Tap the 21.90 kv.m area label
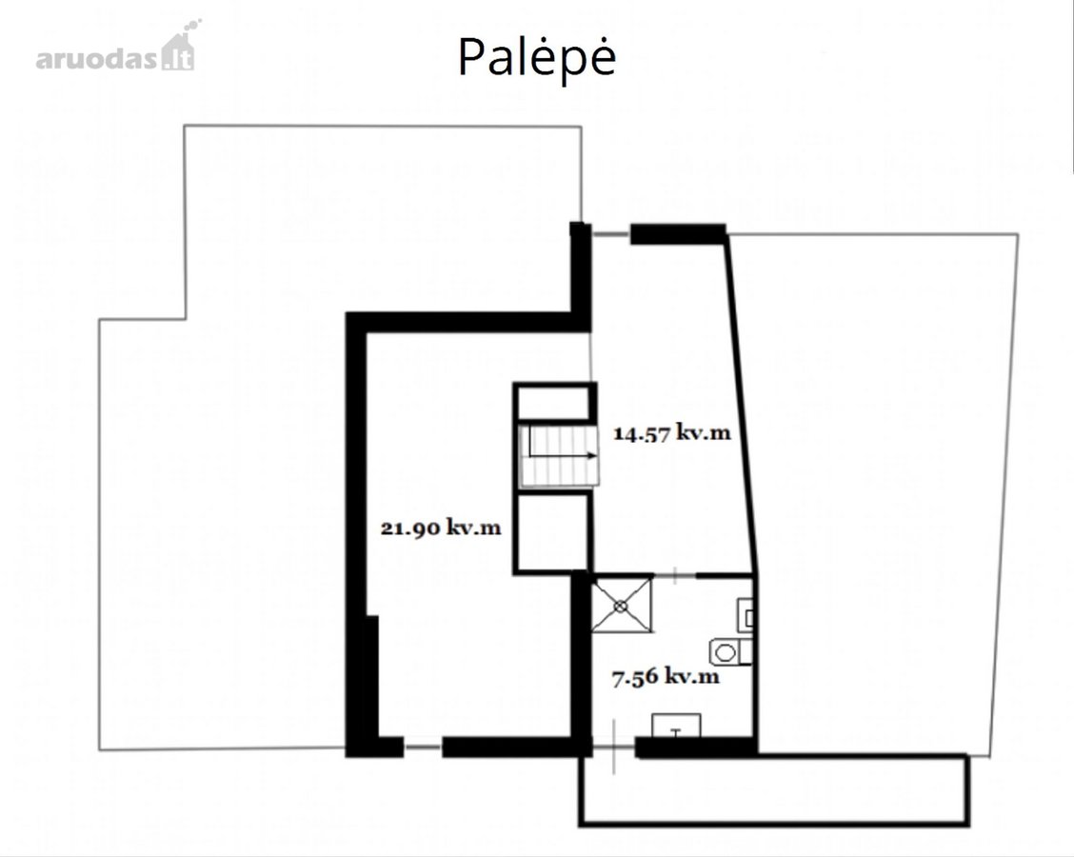[x=441, y=528]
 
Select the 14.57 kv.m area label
[x=671, y=433]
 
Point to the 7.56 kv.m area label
[x=666, y=677]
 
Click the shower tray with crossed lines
[x=621, y=605]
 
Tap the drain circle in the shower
[x=621, y=606]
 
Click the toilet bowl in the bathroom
[x=730, y=651]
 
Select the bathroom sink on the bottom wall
[x=676, y=726]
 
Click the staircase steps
[x=558, y=456]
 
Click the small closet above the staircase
[x=553, y=402]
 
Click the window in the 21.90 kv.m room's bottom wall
[x=423, y=746]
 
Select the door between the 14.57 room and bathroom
[x=675, y=575]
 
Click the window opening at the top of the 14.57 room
[x=611, y=234]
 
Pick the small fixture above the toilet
[x=746, y=614]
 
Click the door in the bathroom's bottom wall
[x=614, y=747]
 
